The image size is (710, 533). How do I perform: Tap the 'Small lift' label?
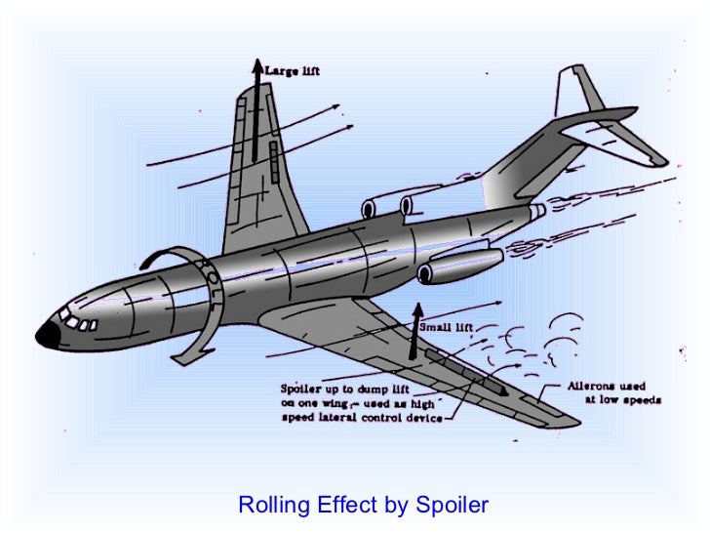tap(447, 326)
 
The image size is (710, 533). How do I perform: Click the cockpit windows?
tap(79, 320)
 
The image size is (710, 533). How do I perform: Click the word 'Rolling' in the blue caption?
tap(274, 505)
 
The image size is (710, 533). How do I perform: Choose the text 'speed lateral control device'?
tap(348, 417)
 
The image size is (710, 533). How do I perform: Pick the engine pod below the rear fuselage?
tap(458, 266)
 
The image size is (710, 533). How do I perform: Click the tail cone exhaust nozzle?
tap(536, 212)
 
